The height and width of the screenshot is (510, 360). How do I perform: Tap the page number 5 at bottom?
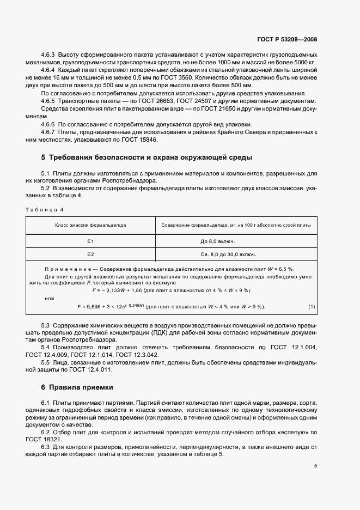[315, 465]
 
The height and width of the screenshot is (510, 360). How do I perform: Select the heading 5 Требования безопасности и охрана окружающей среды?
[147, 157]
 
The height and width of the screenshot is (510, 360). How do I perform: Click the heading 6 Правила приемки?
[77, 387]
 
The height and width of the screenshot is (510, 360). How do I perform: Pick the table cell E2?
[90, 254]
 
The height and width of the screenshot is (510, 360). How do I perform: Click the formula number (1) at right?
[312, 307]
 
